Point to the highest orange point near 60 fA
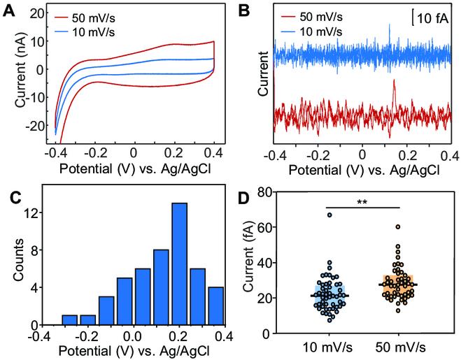pyautogui.click(x=397, y=227)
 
